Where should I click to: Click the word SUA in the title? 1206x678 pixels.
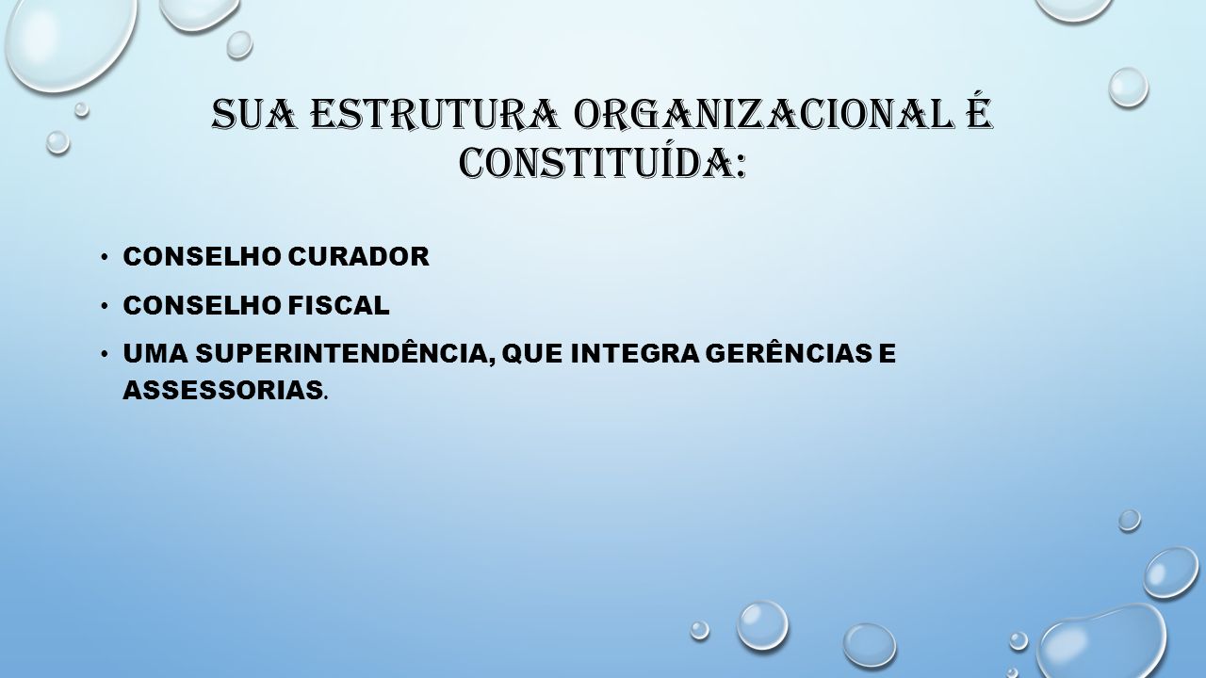click(x=254, y=115)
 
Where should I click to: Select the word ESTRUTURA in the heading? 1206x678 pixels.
click(x=435, y=115)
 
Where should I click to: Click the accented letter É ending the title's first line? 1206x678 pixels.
click(x=978, y=112)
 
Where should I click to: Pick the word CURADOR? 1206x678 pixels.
click(x=359, y=256)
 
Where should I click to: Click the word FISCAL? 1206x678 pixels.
click(x=338, y=305)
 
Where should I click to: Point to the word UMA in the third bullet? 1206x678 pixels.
click(x=156, y=353)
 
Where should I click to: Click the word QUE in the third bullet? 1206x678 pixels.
click(x=530, y=354)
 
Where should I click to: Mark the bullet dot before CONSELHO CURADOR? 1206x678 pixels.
click(x=104, y=257)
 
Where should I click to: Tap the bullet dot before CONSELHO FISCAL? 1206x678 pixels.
click(x=104, y=306)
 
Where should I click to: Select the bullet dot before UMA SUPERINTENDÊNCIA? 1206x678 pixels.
click(x=104, y=353)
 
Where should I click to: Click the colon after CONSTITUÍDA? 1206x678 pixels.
click(x=740, y=168)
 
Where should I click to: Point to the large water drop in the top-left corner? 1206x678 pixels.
click(x=70, y=40)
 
